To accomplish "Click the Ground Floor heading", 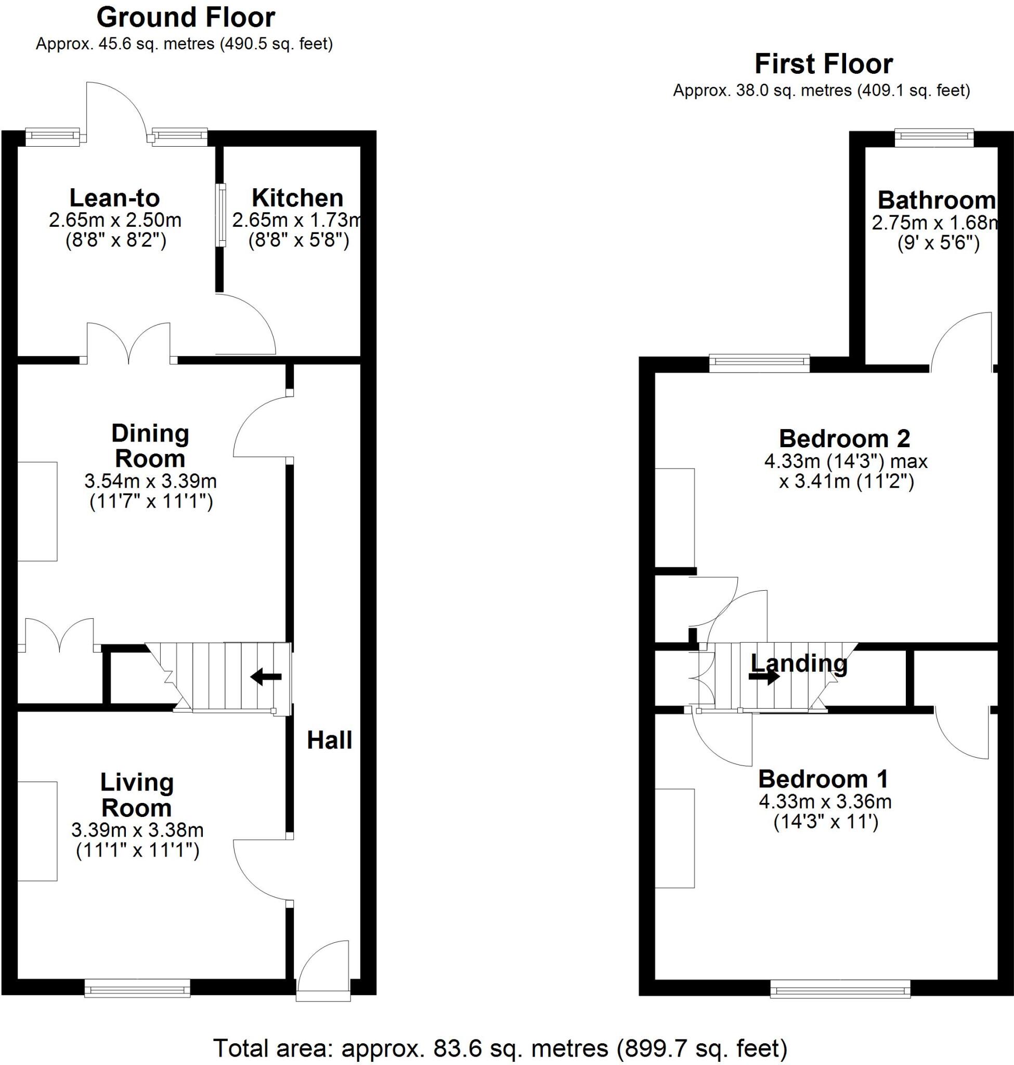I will [x=186, y=18].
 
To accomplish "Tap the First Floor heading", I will [x=823, y=64].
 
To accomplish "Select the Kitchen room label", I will [x=297, y=199].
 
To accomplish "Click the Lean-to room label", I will [x=114, y=199].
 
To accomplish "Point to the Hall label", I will [x=329, y=740].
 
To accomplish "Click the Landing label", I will [x=799, y=664].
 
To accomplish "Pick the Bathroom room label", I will [x=936, y=201].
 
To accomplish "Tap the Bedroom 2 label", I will [x=844, y=439].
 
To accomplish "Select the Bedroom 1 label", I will [x=823, y=780].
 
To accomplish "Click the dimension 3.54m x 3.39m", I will [x=150, y=480].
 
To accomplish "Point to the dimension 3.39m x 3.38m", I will [x=137, y=830].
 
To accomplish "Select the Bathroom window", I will [x=934, y=137].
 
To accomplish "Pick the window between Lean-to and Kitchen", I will [x=221, y=215].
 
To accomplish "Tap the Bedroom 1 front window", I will [x=840, y=989].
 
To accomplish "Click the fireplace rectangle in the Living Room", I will [x=37, y=832].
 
